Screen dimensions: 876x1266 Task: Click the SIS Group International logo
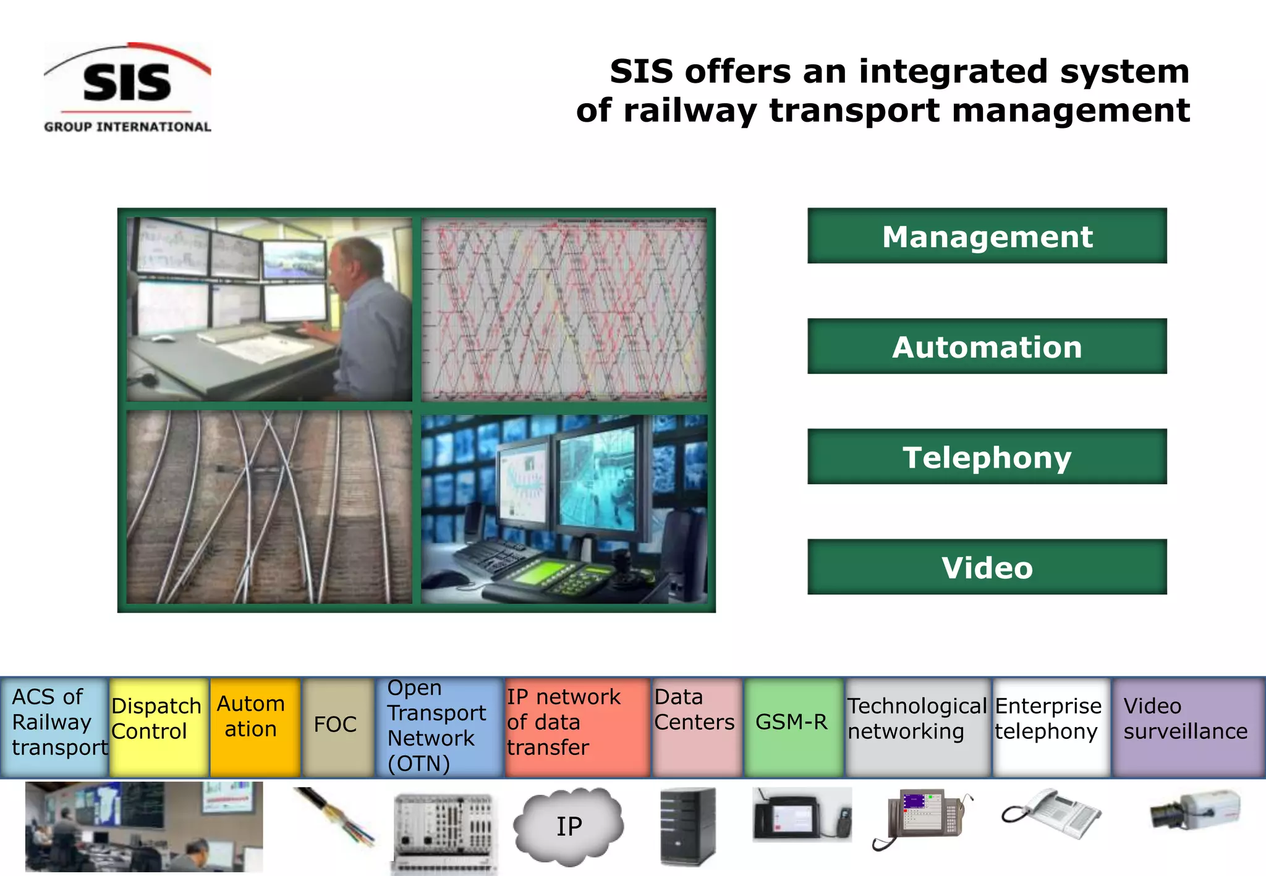point(127,88)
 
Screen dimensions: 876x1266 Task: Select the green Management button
point(987,236)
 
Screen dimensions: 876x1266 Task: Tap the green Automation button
point(987,347)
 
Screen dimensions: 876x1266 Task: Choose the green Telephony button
point(987,457)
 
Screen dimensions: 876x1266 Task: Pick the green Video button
point(987,567)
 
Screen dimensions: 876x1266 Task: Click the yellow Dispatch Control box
point(158,726)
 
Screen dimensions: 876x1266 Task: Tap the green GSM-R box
point(793,726)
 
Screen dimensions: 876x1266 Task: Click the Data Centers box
point(696,726)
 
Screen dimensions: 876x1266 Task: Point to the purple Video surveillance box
point(1187,726)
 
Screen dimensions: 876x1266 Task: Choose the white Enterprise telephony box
point(1051,726)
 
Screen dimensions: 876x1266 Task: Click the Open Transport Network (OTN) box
point(439,726)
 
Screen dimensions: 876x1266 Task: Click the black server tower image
point(687,827)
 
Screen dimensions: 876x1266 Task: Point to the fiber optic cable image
point(334,815)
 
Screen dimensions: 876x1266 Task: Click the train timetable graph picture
point(564,310)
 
